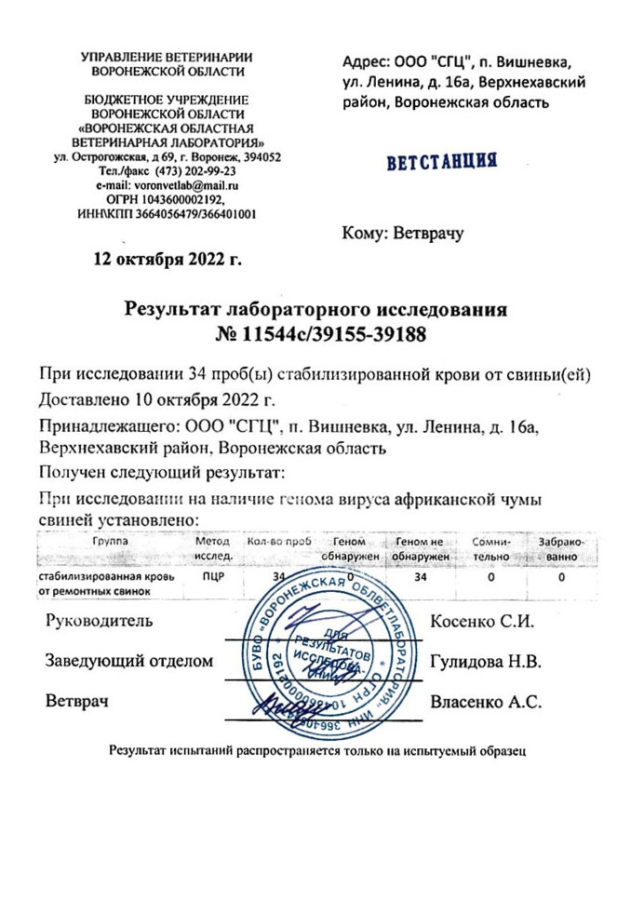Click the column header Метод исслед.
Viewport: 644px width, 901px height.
pyautogui.click(x=213, y=548)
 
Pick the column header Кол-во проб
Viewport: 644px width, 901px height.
pyautogui.click(x=276, y=541)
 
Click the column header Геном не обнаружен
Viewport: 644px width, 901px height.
pyautogui.click(x=421, y=548)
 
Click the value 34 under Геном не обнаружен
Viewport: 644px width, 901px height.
pyautogui.click(x=421, y=577)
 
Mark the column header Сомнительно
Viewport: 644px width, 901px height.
pyautogui.click(x=492, y=548)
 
